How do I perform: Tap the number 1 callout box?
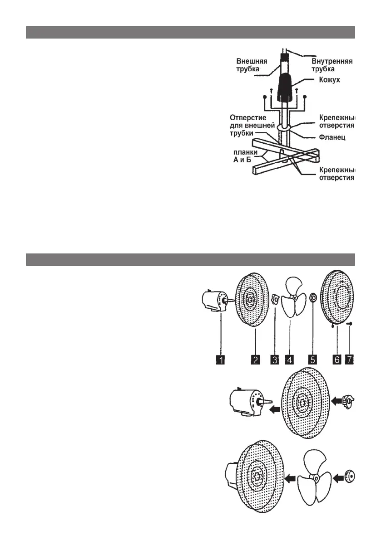[220, 360]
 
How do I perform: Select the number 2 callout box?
[256, 360]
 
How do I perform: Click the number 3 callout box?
[274, 360]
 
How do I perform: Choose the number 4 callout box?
[289, 360]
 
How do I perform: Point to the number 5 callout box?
[312, 360]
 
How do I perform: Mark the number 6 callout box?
[336, 360]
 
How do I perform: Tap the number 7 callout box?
[349, 360]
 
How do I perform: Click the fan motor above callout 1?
[216, 302]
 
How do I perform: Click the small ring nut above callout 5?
[313, 300]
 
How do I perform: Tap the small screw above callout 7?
[351, 324]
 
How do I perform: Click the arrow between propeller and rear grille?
[290, 477]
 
